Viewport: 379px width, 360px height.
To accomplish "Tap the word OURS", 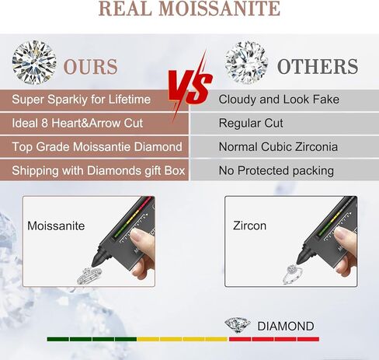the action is [91, 67].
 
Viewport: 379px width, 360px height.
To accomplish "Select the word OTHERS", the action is [318, 66].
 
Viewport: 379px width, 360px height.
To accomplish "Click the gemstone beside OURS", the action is [34, 62].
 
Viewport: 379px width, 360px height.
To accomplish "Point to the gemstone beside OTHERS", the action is [246, 63].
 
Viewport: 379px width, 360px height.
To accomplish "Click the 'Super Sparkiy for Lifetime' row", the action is [94, 100].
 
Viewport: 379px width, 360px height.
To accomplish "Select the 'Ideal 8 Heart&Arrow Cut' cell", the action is [94, 124].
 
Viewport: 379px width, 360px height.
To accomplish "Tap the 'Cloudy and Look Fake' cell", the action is [285, 100].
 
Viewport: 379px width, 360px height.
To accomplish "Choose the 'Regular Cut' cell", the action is [285, 124].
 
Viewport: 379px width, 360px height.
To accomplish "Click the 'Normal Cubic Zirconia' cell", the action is [285, 147].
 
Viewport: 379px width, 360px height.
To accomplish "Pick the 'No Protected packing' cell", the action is [285, 170].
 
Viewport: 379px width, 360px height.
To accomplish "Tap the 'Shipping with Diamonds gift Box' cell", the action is [94, 170].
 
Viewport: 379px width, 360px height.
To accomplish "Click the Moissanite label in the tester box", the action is [56, 226].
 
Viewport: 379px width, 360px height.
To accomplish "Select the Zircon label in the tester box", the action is [249, 225].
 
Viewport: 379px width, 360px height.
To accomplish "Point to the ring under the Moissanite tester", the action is [89, 276].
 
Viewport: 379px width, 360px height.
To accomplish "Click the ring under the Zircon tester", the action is [294, 274].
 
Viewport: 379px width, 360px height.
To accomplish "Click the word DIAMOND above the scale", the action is [286, 327].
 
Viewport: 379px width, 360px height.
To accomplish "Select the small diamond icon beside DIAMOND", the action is [238, 325].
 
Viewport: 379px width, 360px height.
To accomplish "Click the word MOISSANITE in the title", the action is [219, 9].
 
